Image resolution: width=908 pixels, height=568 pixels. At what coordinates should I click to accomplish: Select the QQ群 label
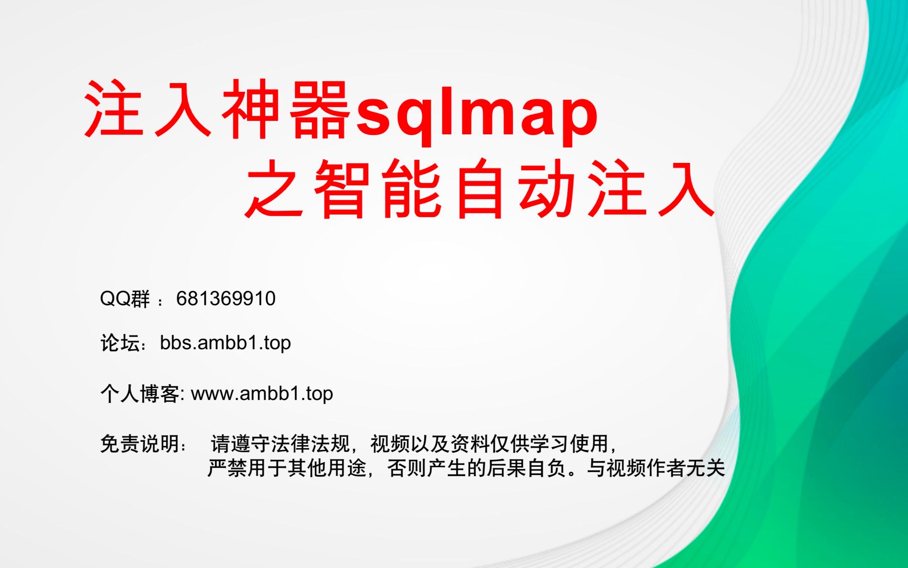[x=125, y=299]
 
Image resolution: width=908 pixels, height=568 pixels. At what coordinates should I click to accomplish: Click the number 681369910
[x=226, y=299]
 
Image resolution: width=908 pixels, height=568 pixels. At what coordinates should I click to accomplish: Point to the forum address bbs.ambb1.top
[x=225, y=343]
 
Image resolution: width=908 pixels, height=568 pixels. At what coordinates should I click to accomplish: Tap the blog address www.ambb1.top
[x=262, y=394]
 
